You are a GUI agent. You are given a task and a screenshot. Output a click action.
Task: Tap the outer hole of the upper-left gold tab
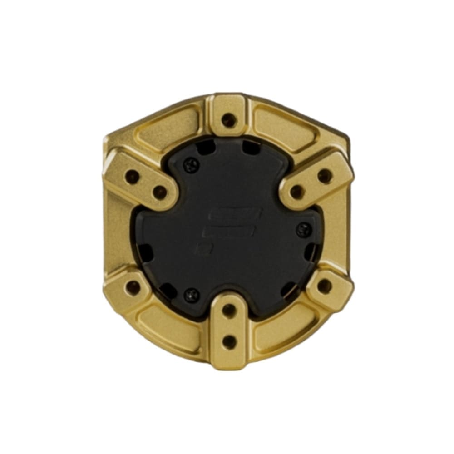point(132,176)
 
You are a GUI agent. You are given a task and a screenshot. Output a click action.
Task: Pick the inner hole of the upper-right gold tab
point(296,192)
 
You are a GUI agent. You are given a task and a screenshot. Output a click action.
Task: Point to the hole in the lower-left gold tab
point(133,286)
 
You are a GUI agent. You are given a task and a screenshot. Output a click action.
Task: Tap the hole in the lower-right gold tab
point(324,286)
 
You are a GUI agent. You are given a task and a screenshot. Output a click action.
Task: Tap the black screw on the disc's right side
point(302,230)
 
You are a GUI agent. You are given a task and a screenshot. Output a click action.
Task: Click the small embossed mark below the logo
point(198,249)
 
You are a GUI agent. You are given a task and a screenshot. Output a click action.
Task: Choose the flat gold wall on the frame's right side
point(341,232)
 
